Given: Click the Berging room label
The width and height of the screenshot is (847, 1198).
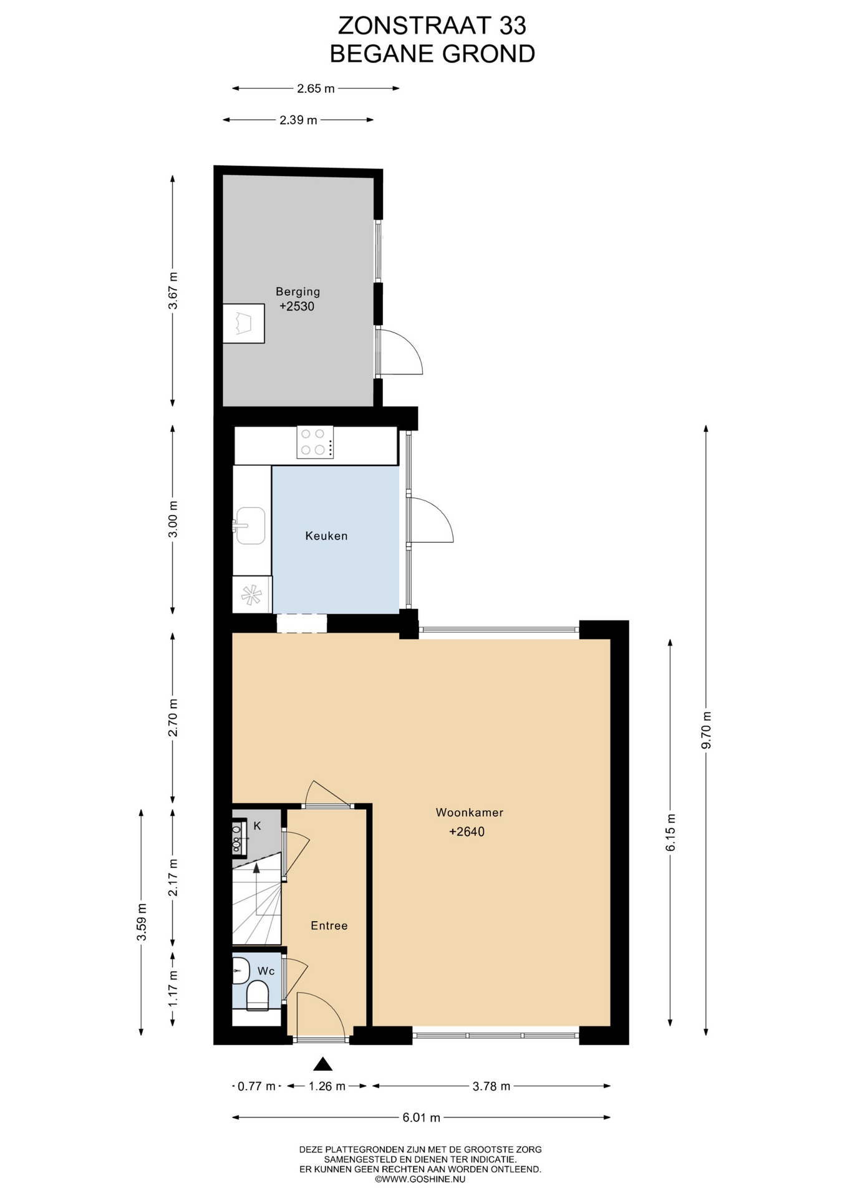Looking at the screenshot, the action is pyautogui.click(x=298, y=291).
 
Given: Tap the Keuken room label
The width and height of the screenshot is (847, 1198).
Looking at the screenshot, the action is pyautogui.click(x=326, y=536).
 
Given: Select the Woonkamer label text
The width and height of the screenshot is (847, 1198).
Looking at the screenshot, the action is pyautogui.click(x=469, y=812).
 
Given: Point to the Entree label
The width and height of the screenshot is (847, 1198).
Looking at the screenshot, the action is pyautogui.click(x=329, y=925).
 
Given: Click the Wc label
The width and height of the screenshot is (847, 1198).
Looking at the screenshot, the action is pyautogui.click(x=266, y=971).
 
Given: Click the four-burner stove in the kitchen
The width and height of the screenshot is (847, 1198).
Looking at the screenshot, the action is pyautogui.click(x=314, y=442).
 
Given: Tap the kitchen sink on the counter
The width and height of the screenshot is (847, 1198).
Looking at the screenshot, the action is pyautogui.click(x=249, y=525).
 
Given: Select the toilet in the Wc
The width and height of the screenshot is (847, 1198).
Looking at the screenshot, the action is pyautogui.click(x=258, y=995).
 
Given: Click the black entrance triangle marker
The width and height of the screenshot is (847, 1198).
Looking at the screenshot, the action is pyautogui.click(x=322, y=1064).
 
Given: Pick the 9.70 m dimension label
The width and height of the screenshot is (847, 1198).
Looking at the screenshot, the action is pyautogui.click(x=706, y=730).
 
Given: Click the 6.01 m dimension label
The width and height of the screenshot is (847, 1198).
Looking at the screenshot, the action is pyautogui.click(x=421, y=1118).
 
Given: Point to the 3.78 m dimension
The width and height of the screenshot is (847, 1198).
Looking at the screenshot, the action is pyautogui.click(x=491, y=1086).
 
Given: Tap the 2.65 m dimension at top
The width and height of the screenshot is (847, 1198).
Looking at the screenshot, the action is pyautogui.click(x=316, y=89).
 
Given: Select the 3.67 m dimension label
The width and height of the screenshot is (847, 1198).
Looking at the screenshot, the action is pyautogui.click(x=173, y=291).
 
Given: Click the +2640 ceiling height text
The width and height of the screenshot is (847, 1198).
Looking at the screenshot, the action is pyautogui.click(x=467, y=832).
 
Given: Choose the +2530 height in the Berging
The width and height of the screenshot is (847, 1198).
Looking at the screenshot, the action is pyautogui.click(x=297, y=306).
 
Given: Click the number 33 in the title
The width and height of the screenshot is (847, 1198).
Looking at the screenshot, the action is pyautogui.click(x=512, y=26).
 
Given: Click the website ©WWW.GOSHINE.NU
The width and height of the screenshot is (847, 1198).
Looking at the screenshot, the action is pyautogui.click(x=420, y=1179).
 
